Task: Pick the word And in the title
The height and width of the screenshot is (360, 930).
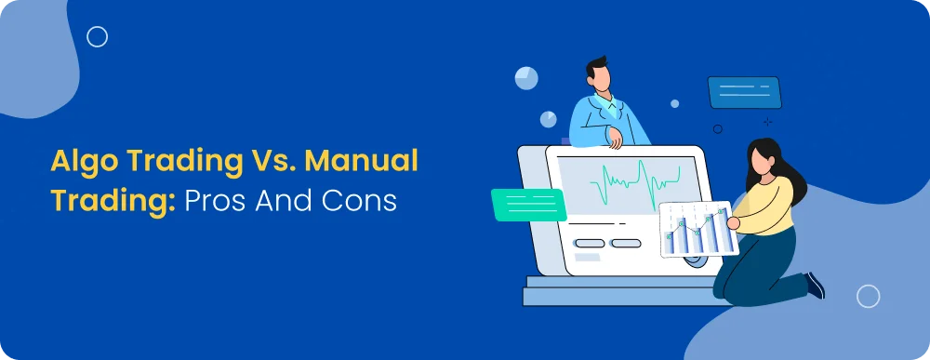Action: click(x=287, y=201)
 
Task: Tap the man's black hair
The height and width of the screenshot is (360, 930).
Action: click(x=596, y=68)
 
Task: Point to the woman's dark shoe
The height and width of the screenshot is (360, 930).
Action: click(x=815, y=285)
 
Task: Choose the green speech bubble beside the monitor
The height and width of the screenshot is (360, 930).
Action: click(x=527, y=204)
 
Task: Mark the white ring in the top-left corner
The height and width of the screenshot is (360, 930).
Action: click(x=97, y=37)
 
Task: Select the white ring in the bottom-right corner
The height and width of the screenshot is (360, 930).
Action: click(x=868, y=296)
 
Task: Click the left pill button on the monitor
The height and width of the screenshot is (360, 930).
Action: click(x=588, y=244)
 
